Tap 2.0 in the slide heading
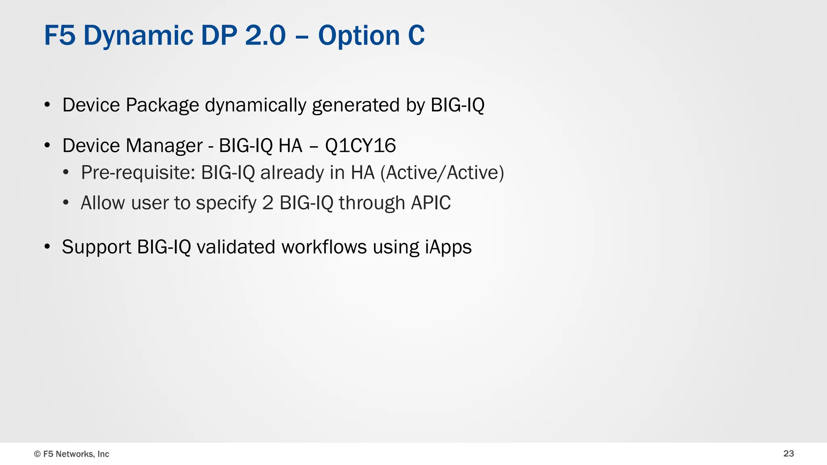[x=265, y=36]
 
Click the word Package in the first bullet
[x=162, y=106]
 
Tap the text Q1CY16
[x=360, y=146]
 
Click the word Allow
[x=103, y=203]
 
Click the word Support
[x=97, y=247]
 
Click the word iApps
[x=448, y=247]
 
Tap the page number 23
[x=788, y=454]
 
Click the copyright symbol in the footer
[x=37, y=454]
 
